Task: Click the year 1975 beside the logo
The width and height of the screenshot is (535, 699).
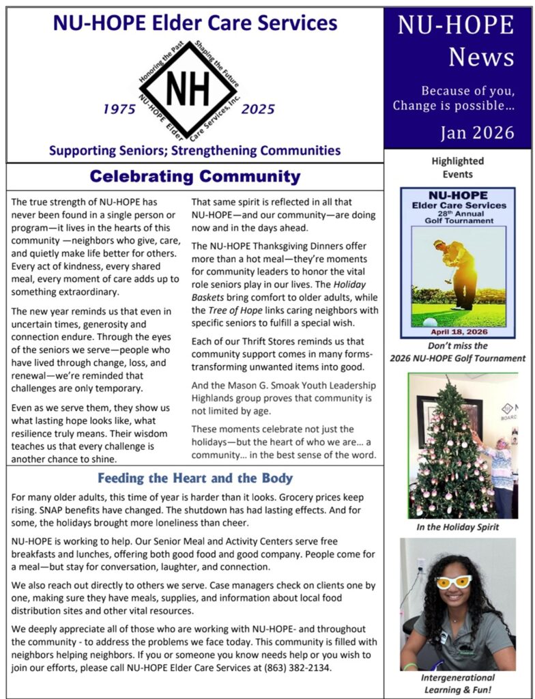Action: point(119,109)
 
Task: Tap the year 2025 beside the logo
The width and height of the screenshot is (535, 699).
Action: point(258,109)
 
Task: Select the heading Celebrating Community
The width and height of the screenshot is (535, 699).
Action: point(194,177)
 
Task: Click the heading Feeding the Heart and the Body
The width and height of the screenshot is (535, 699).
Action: point(195,478)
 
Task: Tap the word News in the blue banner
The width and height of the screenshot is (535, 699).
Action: point(481,57)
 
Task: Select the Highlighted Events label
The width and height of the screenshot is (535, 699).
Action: point(457,168)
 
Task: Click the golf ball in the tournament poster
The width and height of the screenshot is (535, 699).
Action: point(431,322)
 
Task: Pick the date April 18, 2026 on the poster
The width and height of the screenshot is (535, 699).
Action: point(457,332)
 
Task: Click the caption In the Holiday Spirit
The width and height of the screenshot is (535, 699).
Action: point(458,528)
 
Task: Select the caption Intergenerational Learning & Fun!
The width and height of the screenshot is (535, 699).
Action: point(457,684)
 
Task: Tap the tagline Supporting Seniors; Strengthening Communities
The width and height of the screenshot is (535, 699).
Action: point(194,149)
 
